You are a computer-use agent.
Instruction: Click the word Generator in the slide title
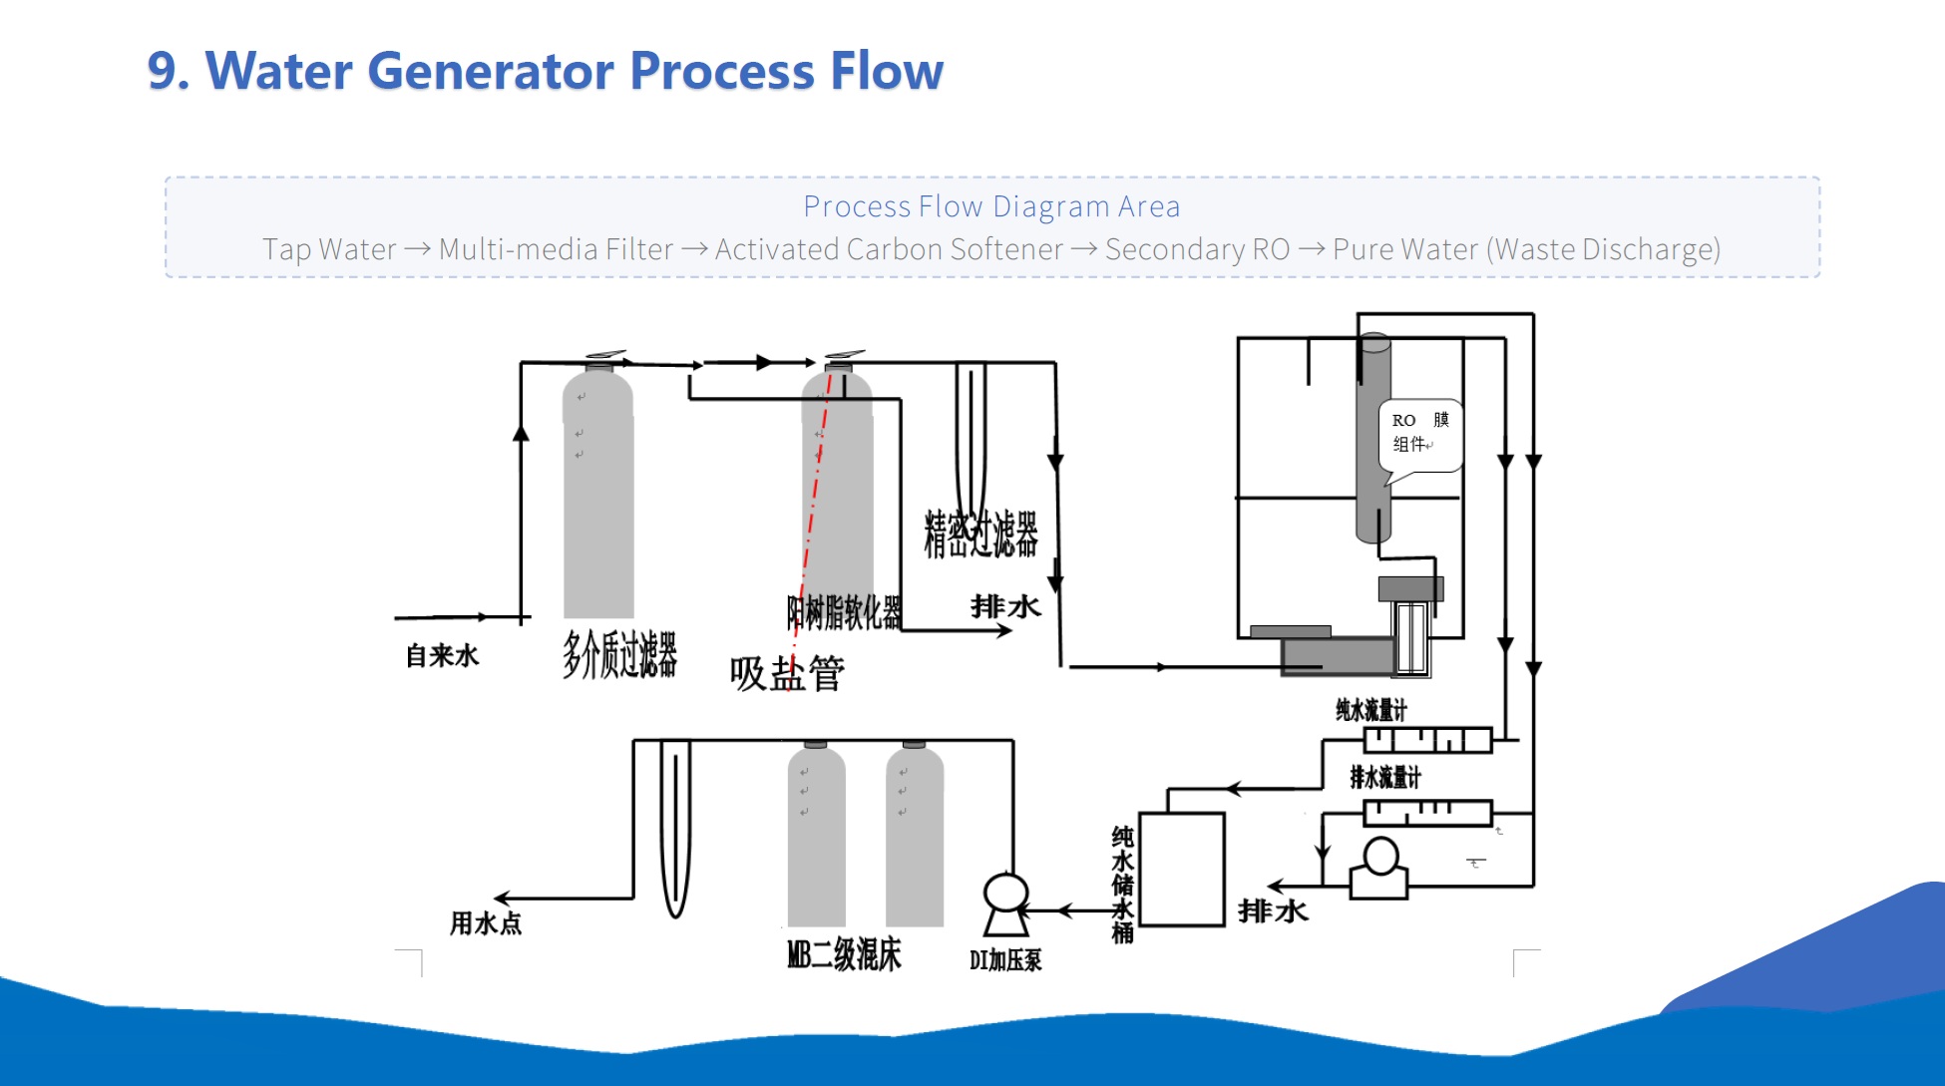tap(491, 72)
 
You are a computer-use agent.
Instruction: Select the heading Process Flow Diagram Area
tap(991, 206)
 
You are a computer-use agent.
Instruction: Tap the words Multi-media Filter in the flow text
tap(556, 249)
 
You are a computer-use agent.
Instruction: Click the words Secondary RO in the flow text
tap(1197, 249)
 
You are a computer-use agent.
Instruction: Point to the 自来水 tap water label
tap(442, 655)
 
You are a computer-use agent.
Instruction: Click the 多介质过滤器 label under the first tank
tap(619, 654)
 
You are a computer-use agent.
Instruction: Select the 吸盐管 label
tap(787, 674)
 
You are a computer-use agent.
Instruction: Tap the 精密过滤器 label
tap(980, 534)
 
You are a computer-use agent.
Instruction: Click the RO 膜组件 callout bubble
tap(1419, 433)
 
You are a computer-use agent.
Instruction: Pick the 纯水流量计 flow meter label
tap(1371, 710)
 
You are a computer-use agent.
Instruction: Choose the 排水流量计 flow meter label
tap(1384, 777)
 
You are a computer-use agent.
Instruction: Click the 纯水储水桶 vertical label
tap(1122, 884)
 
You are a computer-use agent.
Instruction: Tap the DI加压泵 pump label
tap(1005, 959)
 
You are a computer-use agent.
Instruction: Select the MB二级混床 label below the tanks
tap(844, 954)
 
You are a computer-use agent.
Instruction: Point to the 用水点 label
tap(486, 922)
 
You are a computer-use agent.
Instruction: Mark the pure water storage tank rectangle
tap(1182, 869)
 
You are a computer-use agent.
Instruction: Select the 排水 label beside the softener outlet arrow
tap(1005, 606)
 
